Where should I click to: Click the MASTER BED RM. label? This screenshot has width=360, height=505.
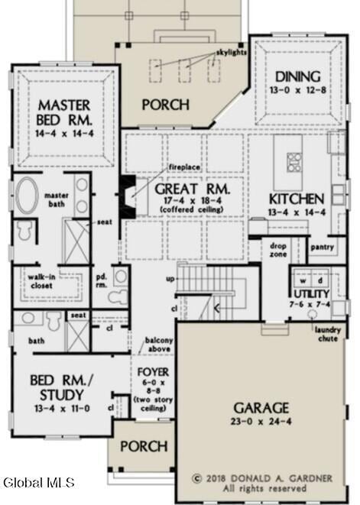64,112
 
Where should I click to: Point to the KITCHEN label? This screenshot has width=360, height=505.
295,199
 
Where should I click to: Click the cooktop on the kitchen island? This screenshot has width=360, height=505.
294,161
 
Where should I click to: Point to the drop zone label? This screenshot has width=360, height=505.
277,251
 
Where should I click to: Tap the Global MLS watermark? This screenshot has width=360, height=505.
38,482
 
